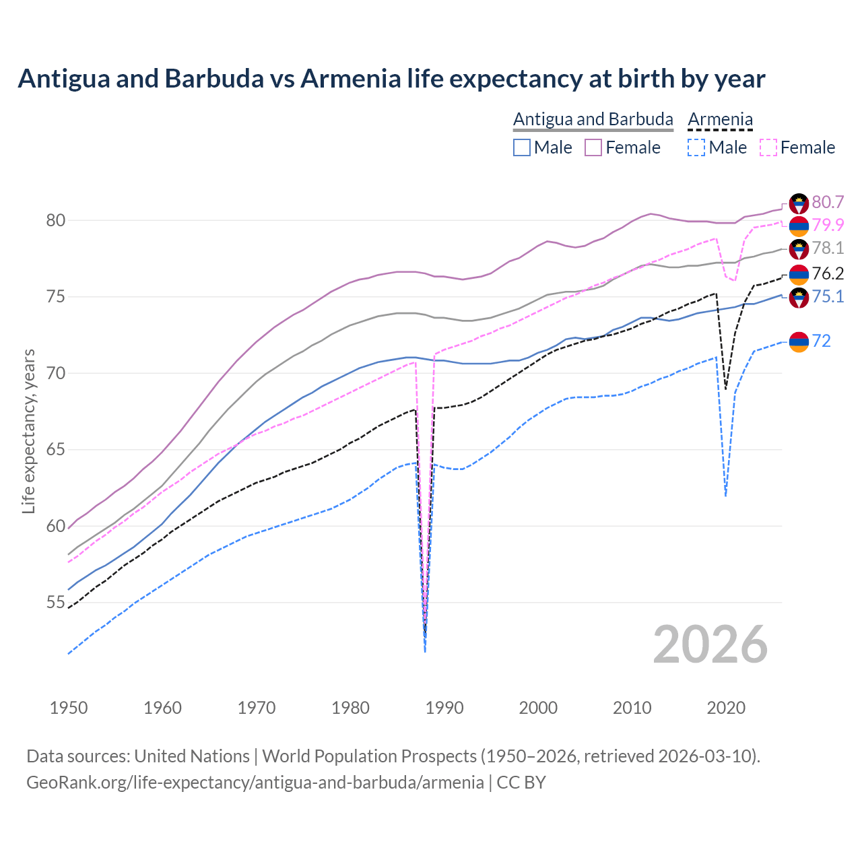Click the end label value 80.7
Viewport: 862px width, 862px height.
pyautogui.click(x=828, y=202)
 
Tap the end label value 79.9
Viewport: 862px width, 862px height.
pyautogui.click(x=828, y=225)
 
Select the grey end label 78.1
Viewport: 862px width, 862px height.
pyautogui.click(x=828, y=248)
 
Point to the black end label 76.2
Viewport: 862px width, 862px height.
pyautogui.click(x=828, y=273)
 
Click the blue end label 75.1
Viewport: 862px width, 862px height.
pyautogui.click(x=828, y=296)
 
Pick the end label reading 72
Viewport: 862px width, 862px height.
pyautogui.click(x=821, y=341)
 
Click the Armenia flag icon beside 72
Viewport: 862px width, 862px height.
pyautogui.click(x=799, y=342)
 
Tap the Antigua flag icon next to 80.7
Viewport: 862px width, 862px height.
pyautogui.click(x=799, y=203)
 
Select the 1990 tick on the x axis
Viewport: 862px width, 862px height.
pyautogui.click(x=444, y=708)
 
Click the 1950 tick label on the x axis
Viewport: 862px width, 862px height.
pyautogui.click(x=69, y=708)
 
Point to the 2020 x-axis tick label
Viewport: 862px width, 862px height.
pyautogui.click(x=726, y=708)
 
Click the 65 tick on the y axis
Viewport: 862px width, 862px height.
pyautogui.click(x=55, y=450)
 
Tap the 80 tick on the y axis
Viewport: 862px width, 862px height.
pyautogui.click(x=55, y=220)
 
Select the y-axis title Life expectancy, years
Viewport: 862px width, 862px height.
pyautogui.click(x=28, y=431)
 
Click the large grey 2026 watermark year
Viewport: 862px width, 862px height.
pyautogui.click(x=710, y=644)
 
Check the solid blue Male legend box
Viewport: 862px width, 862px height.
pyautogui.click(x=522, y=147)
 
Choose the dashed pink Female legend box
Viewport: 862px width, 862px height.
pyautogui.click(x=768, y=147)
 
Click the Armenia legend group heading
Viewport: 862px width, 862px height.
pyautogui.click(x=720, y=119)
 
